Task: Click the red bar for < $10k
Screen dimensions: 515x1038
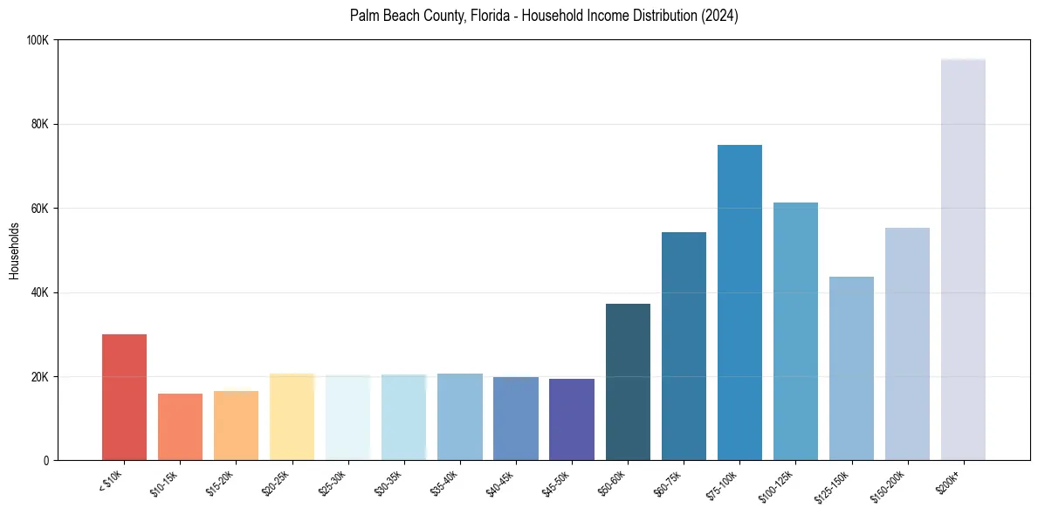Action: (124, 397)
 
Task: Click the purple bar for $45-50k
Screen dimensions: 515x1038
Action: (572, 419)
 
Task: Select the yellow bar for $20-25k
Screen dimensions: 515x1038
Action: (292, 416)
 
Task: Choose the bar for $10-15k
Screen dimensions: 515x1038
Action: (180, 427)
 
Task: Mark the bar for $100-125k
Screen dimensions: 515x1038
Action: (795, 331)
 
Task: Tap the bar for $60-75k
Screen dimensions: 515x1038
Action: (684, 346)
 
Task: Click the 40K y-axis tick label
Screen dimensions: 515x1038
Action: (39, 292)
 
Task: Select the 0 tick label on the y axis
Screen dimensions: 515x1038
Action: (45, 460)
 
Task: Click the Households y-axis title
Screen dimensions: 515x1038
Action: (15, 251)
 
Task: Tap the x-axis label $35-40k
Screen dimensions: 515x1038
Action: (446, 483)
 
